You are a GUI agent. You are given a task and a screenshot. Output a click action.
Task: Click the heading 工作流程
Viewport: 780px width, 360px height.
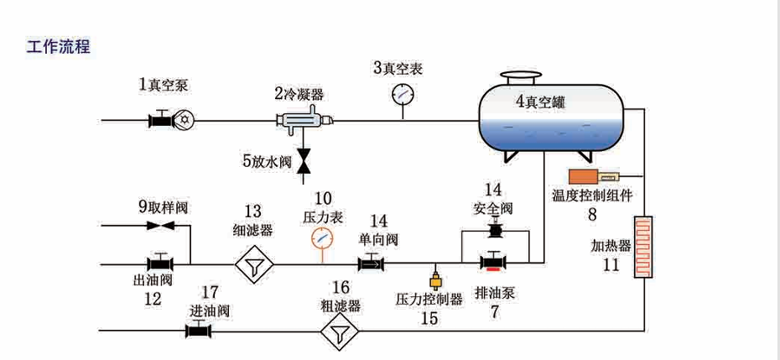[x=57, y=47]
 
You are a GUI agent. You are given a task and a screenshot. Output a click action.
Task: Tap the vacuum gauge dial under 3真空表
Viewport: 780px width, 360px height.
[x=402, y=94]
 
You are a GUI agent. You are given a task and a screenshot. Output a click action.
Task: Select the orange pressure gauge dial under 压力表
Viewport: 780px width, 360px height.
[x=322, y=239]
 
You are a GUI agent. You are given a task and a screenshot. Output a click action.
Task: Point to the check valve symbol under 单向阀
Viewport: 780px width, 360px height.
[x=370, y=264]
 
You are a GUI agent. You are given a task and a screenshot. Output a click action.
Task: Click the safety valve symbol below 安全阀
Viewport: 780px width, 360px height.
[x=495, y=228]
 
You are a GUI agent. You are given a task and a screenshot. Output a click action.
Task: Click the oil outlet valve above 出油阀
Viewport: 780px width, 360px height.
[x=159, y=263]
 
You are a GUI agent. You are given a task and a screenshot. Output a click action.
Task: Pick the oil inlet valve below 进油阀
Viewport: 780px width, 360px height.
[x=199, y=331]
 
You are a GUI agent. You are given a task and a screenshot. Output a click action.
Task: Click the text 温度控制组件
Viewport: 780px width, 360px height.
[x=591, y=196]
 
